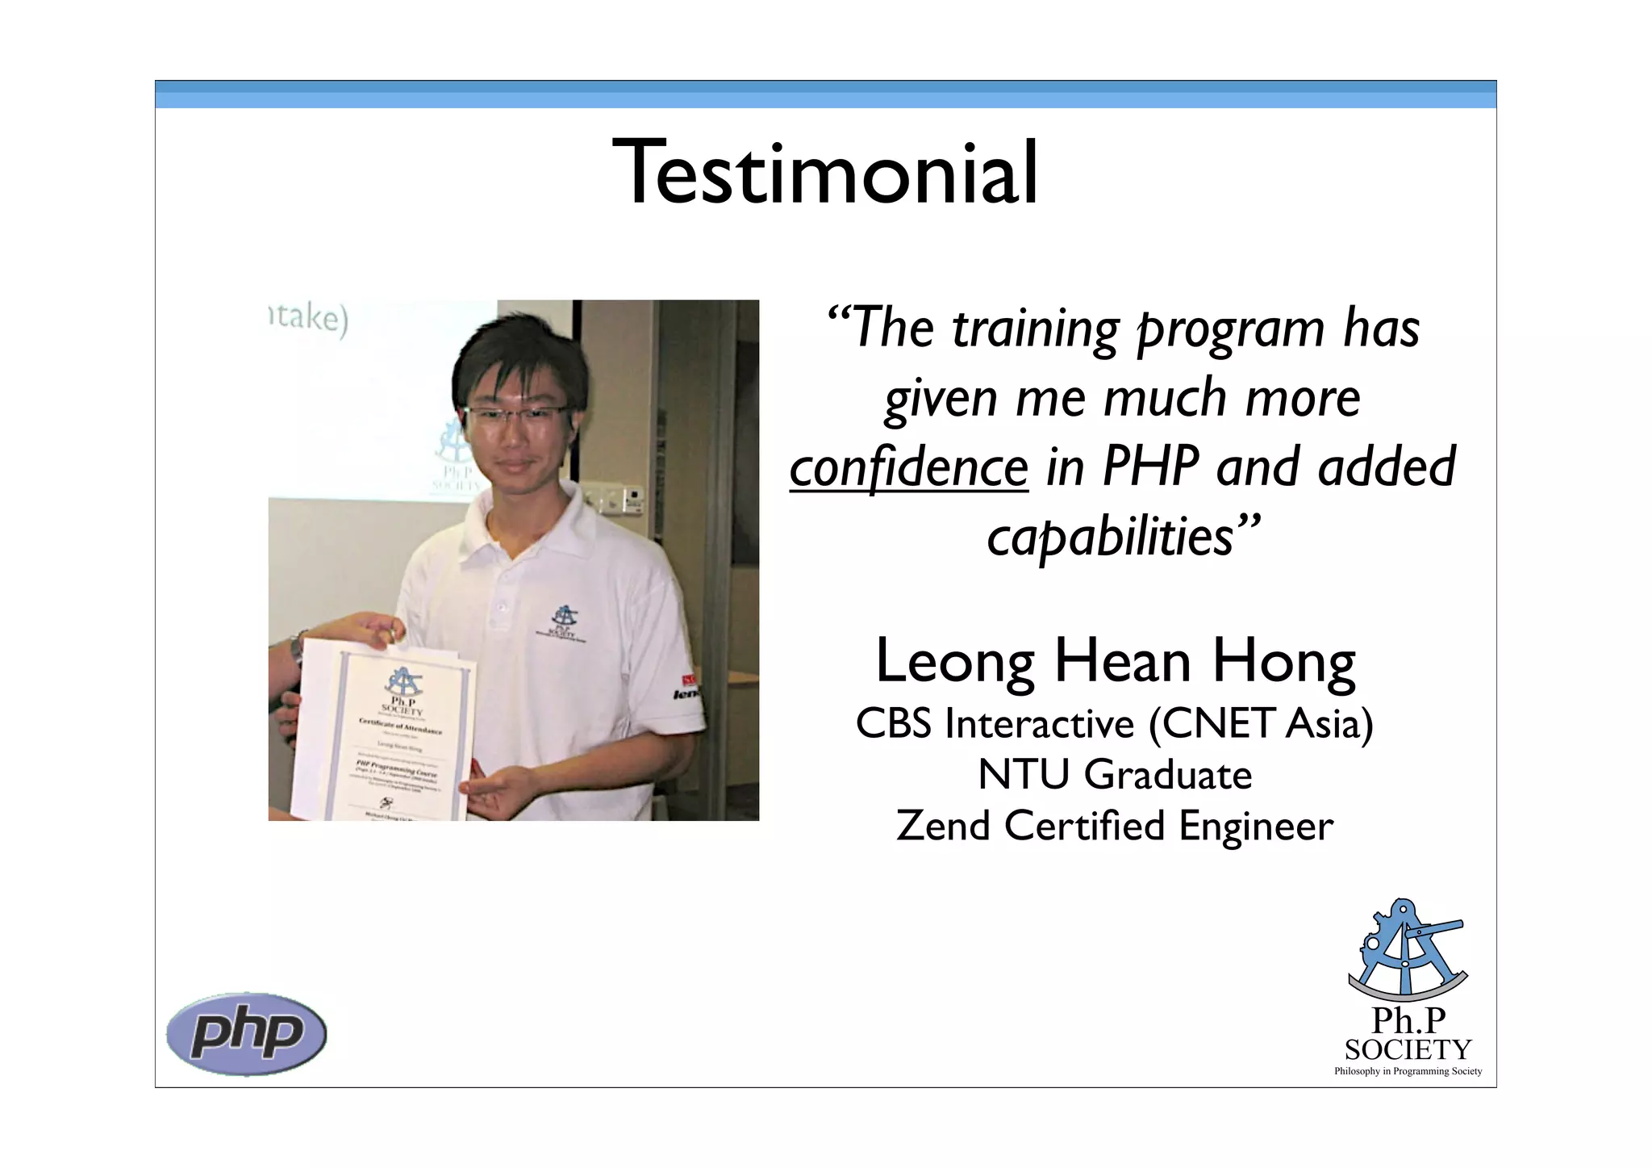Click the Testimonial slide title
[825, 174]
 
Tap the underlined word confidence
[908, 468]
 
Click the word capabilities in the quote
[1112, 537]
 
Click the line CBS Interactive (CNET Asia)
[1114, 723]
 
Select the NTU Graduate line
[1115, 775]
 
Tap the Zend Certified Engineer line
[1115, 827]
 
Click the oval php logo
[246, 1033]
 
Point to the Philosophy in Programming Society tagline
[1408, 1071]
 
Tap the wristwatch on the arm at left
[298, 646]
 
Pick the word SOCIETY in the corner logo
[1408, 1049]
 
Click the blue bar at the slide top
[825, 94]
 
